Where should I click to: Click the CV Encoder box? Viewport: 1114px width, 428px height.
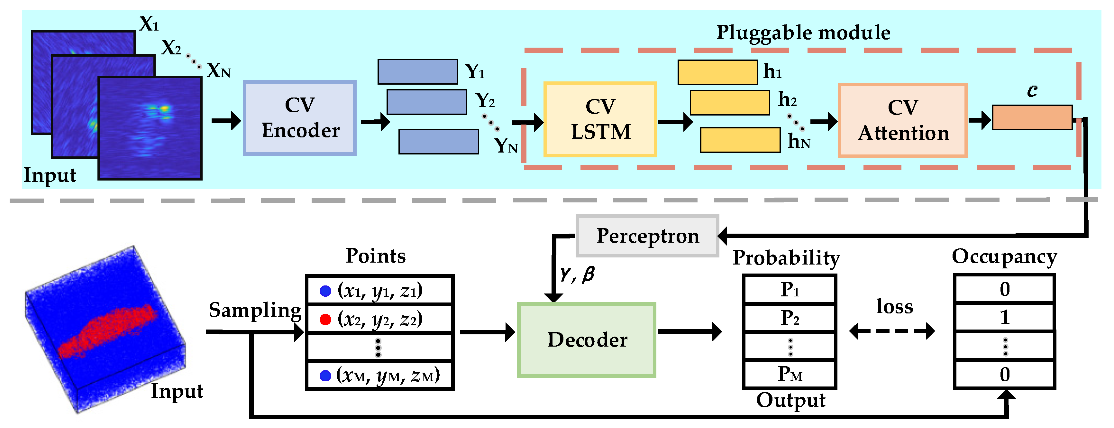(x=299, y=118)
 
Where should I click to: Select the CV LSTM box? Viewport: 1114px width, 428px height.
(x=600, y=119)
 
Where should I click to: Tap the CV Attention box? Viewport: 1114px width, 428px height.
(x=902, y=120)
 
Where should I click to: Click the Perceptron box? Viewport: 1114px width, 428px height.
(x=647, y=236)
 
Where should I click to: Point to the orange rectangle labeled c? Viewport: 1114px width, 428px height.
(x=1032, y=117)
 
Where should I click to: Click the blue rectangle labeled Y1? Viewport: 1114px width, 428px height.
(x=417, y=72)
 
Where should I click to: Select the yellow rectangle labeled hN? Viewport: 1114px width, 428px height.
(x=740, y=140)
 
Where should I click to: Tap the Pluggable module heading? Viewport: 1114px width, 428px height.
(x=803, y=33)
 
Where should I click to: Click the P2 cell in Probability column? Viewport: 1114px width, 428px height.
(x=789, y=318)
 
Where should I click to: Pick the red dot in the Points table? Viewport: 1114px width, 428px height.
(x=325, y=319)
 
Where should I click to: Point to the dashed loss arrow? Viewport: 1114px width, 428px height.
(x=892, y=331)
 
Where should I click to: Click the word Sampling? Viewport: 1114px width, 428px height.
(x=255, y=310)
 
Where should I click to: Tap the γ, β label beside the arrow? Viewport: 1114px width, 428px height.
(x=577, y=274)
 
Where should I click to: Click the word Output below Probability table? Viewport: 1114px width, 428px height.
(x=790, y=400)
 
